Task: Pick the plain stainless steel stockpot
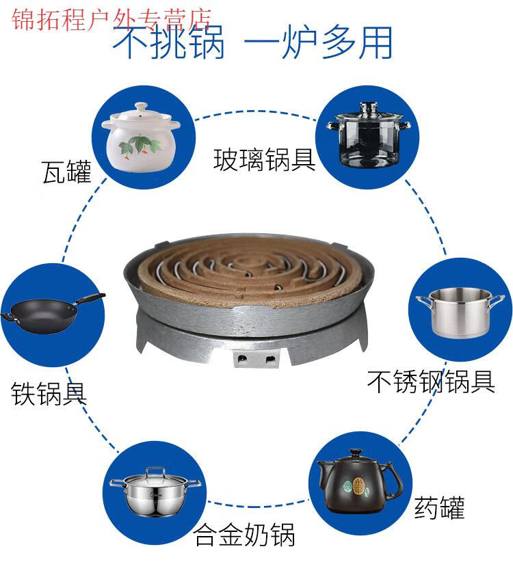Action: (x=460, y=312)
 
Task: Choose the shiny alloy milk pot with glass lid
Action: (x=155, y=492)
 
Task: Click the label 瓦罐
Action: (x=67, y=172)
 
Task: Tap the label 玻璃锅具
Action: (x=265, y=160)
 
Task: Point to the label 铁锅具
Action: (x=49, y=393)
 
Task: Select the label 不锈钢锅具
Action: (x=431, y=382)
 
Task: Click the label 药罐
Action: (x=439, y=507)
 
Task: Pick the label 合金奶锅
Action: (x=244, y=535)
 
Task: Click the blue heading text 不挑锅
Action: (x=169, y=42)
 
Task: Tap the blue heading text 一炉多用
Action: (x=318, y=42)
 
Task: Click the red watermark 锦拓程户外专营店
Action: (x=111, y=19)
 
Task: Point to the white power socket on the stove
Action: (x=256, y=359)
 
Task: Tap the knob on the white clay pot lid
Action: (x=141, y=107)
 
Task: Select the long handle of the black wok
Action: (x=90, y=299)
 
